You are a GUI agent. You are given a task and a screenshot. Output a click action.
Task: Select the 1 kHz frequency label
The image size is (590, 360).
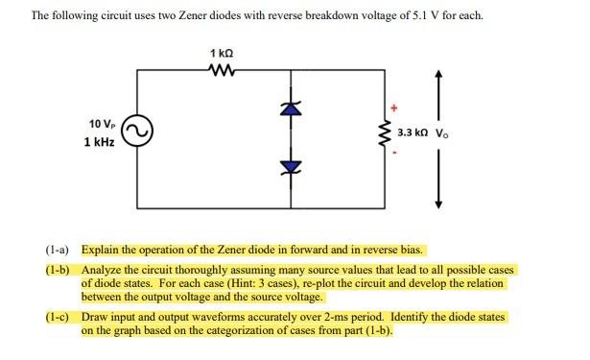100,142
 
